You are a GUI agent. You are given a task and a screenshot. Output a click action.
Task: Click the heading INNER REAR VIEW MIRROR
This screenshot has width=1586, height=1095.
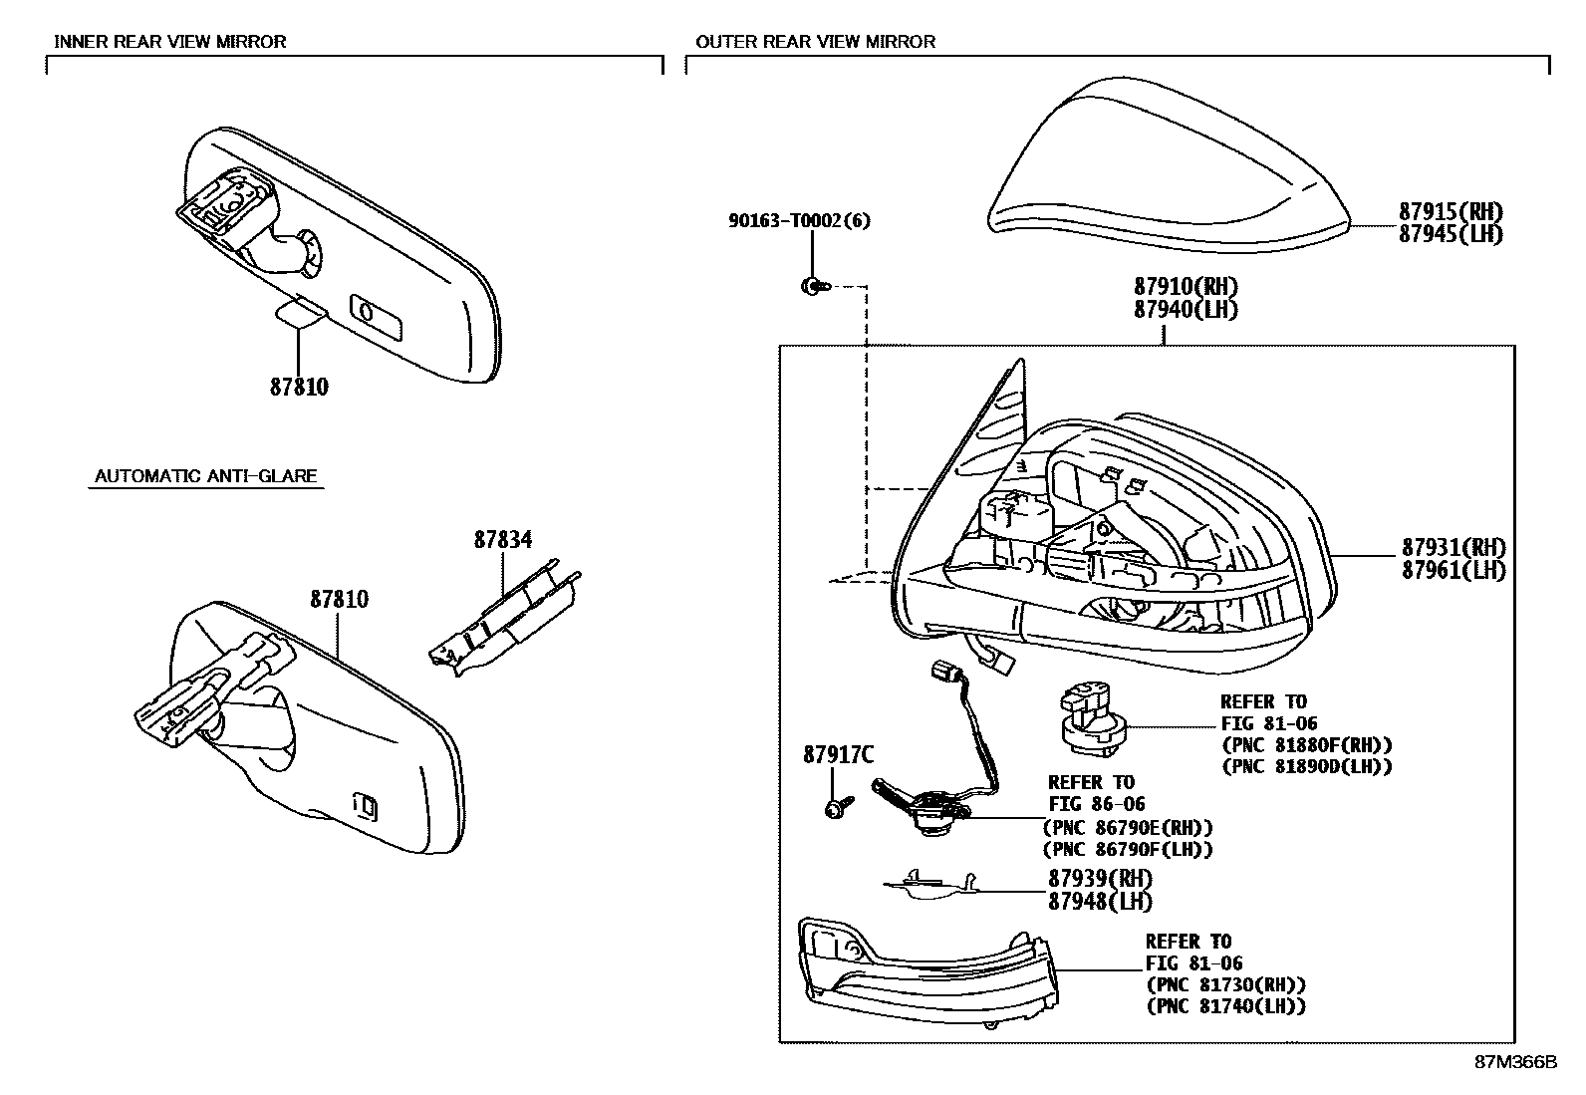point(169,42)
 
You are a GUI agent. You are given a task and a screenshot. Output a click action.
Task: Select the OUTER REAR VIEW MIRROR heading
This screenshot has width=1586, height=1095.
point(815,42)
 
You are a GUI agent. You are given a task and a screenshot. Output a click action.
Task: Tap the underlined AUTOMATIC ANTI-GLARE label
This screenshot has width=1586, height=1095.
point(205,476)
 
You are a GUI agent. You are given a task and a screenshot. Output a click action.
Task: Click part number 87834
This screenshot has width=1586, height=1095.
point(502,540)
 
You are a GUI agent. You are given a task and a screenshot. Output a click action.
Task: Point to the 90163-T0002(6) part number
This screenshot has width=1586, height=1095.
point(798,221)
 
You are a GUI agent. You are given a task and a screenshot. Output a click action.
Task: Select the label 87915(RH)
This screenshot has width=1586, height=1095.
point(1450,211)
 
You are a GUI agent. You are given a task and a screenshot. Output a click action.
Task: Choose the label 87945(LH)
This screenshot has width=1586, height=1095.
point(1450,234)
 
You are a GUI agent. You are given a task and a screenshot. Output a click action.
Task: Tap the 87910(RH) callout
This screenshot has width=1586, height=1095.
point(1185,288)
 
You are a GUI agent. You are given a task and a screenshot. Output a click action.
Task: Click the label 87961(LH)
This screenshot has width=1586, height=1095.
point(1454,571)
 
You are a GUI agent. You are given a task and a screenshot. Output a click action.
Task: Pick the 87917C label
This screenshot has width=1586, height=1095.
point(840,756)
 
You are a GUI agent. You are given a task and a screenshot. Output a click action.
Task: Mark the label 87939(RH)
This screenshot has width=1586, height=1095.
point(1099,879)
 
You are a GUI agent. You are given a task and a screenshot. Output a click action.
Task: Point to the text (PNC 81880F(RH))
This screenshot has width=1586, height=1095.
point(1306,745)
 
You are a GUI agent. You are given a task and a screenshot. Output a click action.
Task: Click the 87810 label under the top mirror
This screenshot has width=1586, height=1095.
point(299,387)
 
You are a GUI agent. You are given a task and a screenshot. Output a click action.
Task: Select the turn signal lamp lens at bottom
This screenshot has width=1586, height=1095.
point(922,971)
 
